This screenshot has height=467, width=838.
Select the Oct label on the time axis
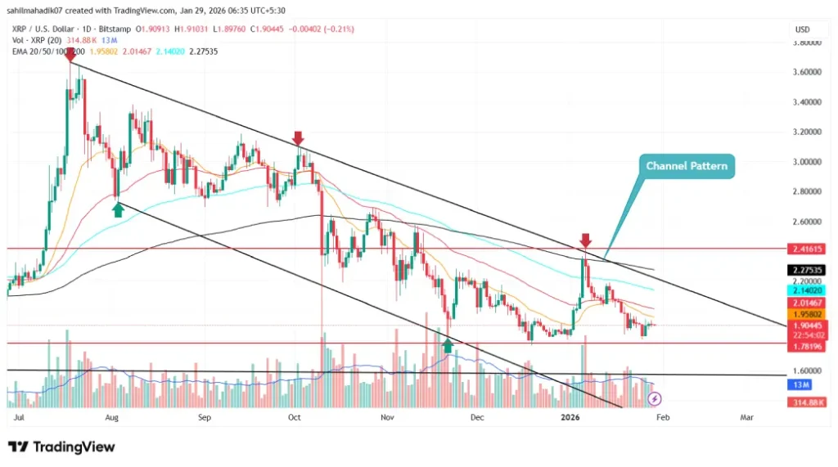point(295,417)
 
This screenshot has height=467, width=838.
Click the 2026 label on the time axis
point(571,417)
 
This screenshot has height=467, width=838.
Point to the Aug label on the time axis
point(113,417)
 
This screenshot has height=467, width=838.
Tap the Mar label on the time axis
point(746,417)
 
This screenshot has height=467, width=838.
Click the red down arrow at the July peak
point(70,55)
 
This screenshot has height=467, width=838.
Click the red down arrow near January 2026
point(585,240)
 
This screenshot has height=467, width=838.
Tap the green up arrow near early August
point(118,209)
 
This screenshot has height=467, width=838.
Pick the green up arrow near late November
point(447,345)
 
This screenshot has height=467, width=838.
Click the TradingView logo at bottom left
point(61,447)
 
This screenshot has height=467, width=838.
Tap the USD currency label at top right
point(802,29)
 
